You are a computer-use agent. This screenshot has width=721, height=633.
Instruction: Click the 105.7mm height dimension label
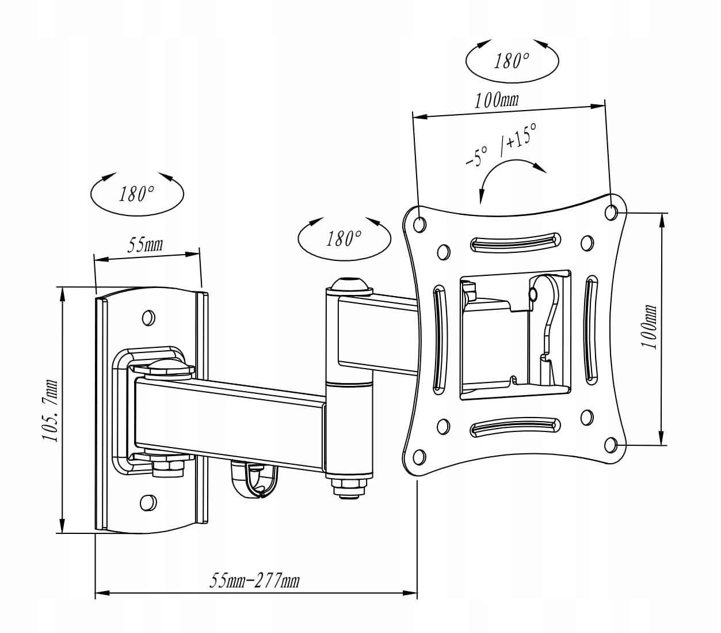coord(49,410)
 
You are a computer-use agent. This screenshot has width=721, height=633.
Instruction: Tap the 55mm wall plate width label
coord(144,245)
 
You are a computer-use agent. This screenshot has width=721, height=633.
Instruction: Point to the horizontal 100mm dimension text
coord(496,101)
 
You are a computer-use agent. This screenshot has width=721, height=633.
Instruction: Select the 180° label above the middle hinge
coord(344,238)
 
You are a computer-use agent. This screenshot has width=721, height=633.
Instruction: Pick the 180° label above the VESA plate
coord(511,60)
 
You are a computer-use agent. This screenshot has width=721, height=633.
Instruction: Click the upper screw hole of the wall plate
coord(148,317)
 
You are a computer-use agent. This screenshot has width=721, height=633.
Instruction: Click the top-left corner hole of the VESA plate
coord(420,223)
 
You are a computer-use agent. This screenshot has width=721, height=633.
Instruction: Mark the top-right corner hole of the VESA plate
coord(612,211)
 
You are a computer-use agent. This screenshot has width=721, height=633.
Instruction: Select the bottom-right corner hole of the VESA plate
coord(612,445)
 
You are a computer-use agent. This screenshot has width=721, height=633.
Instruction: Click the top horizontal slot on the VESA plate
coord(515,241)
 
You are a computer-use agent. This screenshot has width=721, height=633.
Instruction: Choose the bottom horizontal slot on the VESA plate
coord(515,426)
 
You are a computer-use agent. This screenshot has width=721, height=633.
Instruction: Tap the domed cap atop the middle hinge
coord(349,286)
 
